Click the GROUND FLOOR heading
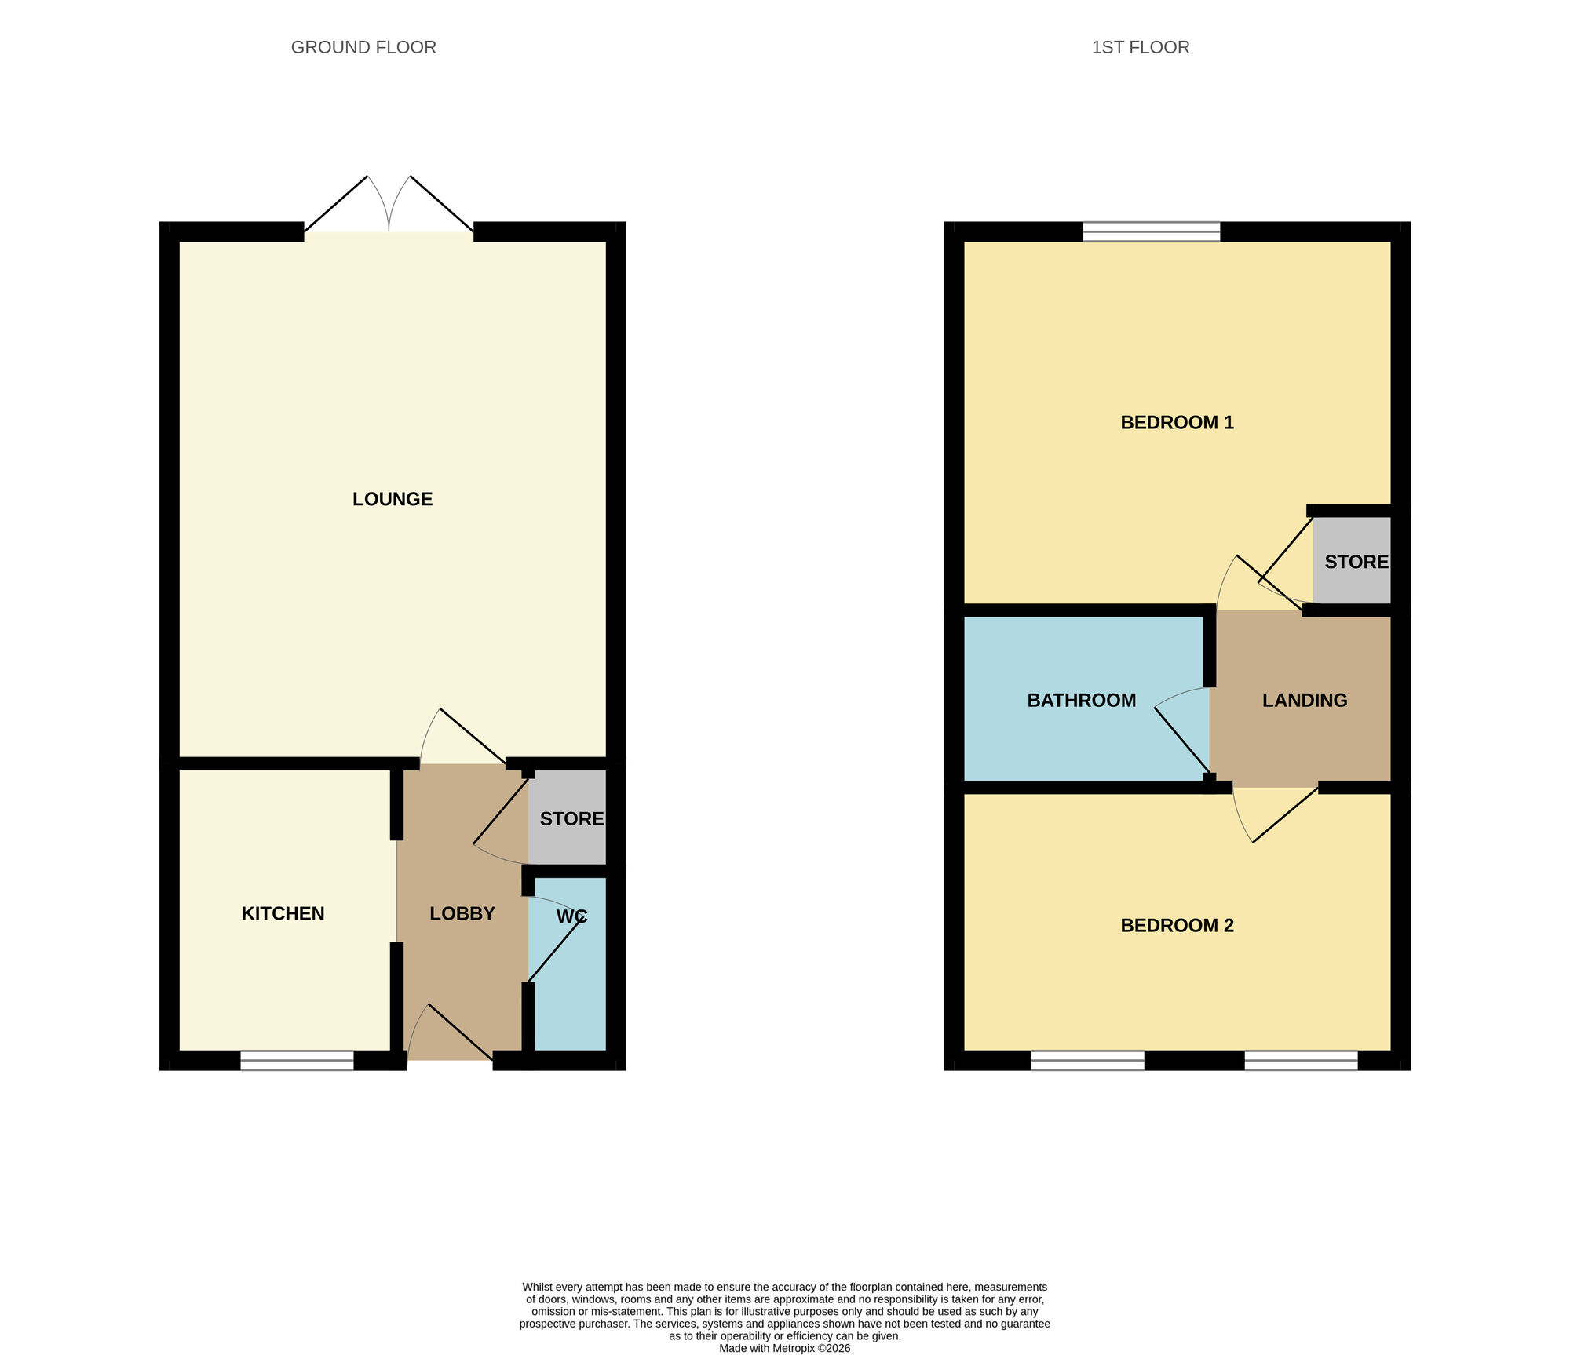[363, 47]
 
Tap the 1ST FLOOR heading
[1140, 47]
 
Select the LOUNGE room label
[392, 499]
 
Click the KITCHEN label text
[283, 913]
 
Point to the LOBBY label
[462, 913]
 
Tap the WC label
[571, 916]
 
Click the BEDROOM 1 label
[1177, 422]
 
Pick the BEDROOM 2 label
[1177, 925]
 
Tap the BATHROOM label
[1081, 700]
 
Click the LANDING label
[1305, 700]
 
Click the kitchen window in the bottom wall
[297, 1060]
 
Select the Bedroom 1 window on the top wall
[1151, 231]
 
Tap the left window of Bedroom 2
[1087, 1060]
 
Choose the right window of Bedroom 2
[1301, 1060]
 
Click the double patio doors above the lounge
[389, 208]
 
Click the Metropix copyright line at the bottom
[784, 1348]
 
